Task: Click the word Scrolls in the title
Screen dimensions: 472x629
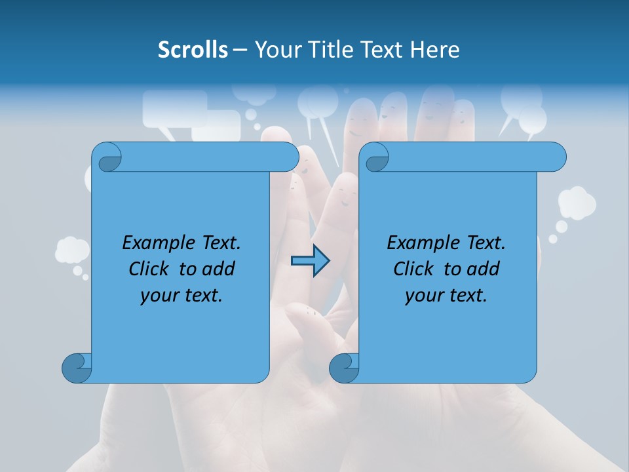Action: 193,50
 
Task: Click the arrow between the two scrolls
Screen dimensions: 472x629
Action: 310,261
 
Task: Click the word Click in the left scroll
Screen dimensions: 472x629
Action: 151,269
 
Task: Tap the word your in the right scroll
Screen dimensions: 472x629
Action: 423,296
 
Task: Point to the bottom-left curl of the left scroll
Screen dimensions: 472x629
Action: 77,368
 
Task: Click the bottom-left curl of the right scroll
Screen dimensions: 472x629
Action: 343,368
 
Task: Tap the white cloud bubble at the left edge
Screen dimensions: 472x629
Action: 72,250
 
